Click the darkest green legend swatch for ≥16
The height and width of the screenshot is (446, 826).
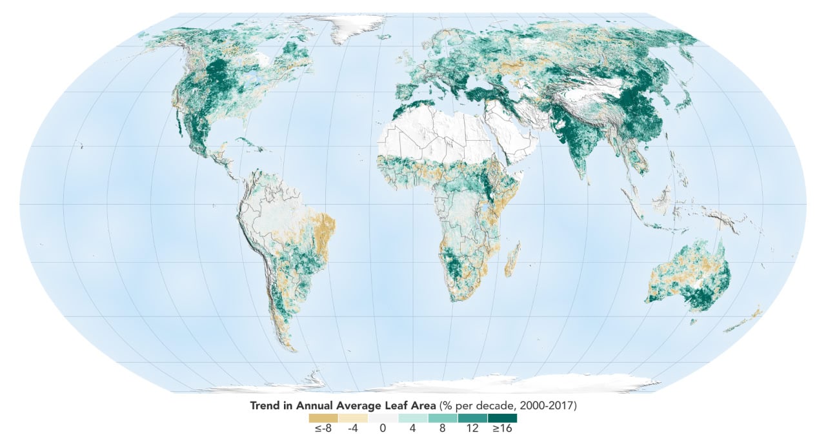(x=502, y=418)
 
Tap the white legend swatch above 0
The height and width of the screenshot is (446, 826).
(x=383, y=418)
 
